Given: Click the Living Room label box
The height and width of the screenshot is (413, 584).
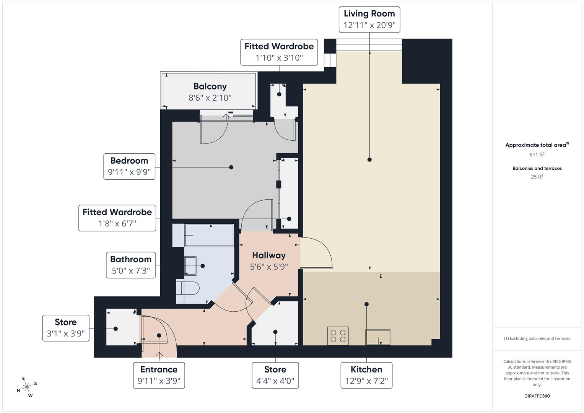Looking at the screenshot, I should [x=369, y=19].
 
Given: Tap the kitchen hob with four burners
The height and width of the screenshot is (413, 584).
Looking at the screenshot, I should [x=338, y=336].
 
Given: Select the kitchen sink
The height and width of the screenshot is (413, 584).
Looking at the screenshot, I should [x=378, y=337].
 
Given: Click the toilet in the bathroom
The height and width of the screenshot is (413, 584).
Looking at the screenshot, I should [x=188, y=288].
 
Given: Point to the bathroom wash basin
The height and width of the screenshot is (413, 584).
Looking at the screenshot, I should [x=190, y=266].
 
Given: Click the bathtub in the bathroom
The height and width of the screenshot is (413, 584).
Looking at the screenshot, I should [x=209, y=235].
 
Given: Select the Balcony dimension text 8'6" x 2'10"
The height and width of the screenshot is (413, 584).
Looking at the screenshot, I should [x=210, y=98].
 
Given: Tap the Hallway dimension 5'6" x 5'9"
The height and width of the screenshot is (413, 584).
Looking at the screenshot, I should [x=269, y=267].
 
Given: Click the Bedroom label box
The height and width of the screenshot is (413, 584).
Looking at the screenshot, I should [x=129, y=166].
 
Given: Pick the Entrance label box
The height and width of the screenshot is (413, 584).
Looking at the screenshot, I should [x=159, y=375].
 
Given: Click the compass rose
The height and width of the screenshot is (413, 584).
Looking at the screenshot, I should [x=27, y=387].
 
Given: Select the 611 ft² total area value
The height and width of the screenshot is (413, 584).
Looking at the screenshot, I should [x=537, y=155].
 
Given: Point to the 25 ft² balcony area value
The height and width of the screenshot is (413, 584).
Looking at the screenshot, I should [x=537, y=177].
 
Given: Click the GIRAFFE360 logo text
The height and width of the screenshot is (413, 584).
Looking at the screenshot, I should [x=537, y=396].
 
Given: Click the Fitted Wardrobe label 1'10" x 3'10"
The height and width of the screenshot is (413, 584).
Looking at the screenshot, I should [x=279, y=52].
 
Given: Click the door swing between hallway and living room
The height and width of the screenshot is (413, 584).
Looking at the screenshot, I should [x=317, y=253].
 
